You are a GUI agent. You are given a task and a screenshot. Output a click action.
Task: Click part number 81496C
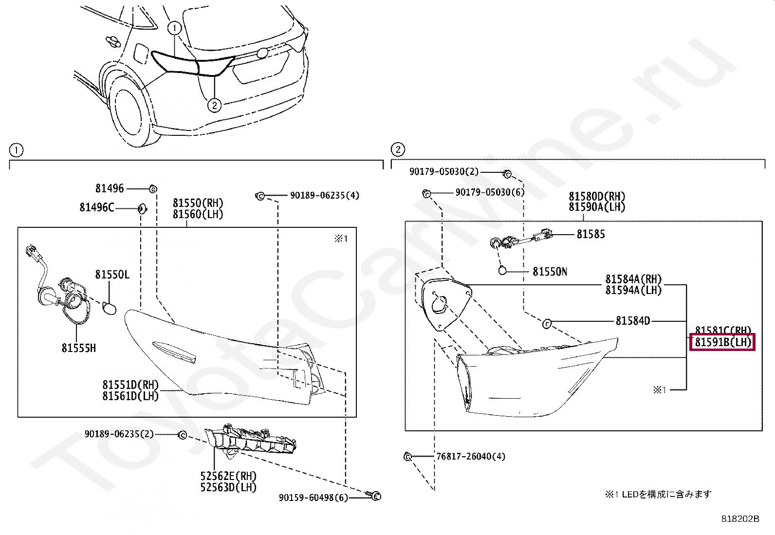coord(96,208)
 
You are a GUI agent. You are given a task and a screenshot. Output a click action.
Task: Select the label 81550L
coord(112,275)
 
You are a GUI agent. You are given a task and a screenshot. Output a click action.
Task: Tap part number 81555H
coord(78,348)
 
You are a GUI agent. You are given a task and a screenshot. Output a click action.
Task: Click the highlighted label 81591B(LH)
coord(722,342)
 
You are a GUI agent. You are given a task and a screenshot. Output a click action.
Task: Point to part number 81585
coord(590,235)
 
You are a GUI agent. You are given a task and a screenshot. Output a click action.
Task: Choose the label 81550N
coord(550,272)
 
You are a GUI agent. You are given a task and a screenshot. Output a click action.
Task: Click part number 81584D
coord(632,321)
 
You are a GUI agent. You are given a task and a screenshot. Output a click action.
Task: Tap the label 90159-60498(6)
coord(314,498)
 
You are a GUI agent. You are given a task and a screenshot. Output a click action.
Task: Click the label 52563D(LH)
coord(228,487)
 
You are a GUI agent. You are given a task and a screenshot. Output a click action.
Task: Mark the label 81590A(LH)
coord(597,207)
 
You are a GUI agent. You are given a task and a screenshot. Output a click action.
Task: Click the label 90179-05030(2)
coord(443,172)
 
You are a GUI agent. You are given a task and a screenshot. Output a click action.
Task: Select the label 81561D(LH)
coord(130,396)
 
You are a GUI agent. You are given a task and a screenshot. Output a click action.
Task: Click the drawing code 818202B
coord(740,519)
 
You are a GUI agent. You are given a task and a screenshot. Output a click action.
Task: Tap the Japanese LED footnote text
coord(658,494)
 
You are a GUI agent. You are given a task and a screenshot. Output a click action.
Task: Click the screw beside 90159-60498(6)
coord(375,496)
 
